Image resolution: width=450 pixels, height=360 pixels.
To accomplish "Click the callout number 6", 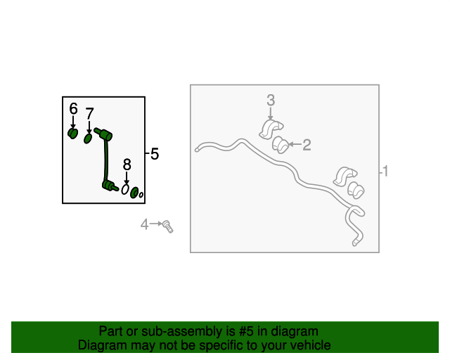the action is pos(73,109).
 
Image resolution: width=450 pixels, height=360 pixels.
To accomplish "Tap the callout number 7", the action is pos(89,114).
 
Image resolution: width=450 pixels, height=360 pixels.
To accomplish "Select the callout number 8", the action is pos(127,165).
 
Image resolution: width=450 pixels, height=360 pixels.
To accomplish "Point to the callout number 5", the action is pos(155,154).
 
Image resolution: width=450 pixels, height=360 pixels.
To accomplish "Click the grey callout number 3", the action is pos(271,100).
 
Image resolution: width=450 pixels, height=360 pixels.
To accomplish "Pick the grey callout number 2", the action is pos(307,145).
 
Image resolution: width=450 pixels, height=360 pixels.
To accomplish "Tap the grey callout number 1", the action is pos(385,171).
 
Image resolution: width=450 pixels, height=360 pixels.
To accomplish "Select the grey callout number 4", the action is pos(144,224).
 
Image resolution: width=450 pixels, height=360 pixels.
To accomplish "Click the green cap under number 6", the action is pos(73,134).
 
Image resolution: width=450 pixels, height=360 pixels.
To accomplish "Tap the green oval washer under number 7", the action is pos(88,139).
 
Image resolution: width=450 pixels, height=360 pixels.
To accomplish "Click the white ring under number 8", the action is pos(125,189).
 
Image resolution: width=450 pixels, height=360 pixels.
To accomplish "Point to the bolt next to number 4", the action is pos(167,226).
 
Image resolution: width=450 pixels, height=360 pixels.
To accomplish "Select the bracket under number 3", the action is pos(271,130).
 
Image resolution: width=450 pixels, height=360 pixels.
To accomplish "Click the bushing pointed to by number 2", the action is pos(280,145).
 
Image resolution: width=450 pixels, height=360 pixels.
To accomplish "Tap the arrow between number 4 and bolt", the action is pos(156,224).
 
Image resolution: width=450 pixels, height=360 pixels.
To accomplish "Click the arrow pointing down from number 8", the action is pos(127,178).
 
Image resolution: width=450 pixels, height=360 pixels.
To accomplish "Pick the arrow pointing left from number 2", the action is pos(295,144).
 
